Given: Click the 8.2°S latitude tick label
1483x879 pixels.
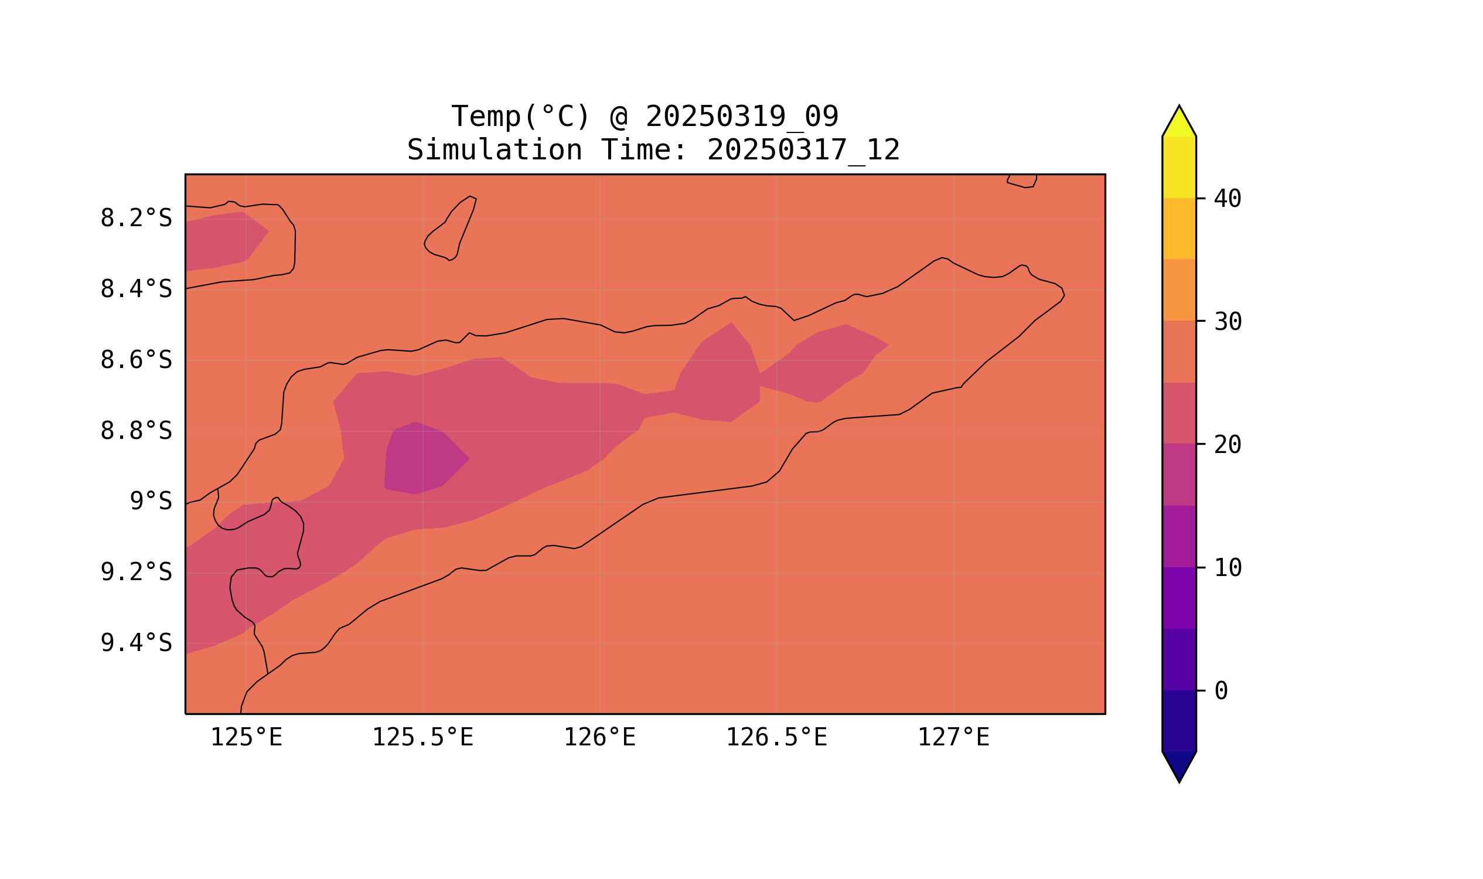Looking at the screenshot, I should click(x=135, y=219).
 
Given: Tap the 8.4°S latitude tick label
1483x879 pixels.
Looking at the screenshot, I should click(x=135, y=289).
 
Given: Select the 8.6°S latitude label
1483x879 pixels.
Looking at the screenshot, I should click(x=135, y=360).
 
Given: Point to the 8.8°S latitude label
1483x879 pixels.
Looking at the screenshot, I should click(x=135, y=431).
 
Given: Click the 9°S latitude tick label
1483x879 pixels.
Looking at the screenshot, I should click(x=151, y=502).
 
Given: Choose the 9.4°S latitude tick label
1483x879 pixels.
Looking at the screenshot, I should click(x=135, y=643).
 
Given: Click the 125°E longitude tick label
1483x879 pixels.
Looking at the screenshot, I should click(x=246, y=737).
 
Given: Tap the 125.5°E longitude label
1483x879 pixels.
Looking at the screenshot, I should click(x=422, y=737).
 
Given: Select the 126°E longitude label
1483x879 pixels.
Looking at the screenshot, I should click(x=599, y=737).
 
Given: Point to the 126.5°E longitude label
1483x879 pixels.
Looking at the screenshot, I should click(x=776, y=737).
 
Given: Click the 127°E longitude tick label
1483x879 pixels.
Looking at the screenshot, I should click(x=953, y=737).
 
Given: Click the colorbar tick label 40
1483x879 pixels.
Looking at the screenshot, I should click(x=1227, y=199).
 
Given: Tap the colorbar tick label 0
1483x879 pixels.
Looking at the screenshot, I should click(x=1221, y=691).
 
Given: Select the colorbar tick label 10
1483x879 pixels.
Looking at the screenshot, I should click(x=1227, y=568).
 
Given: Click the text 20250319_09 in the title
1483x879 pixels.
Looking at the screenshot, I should click(x=742, y=117).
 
